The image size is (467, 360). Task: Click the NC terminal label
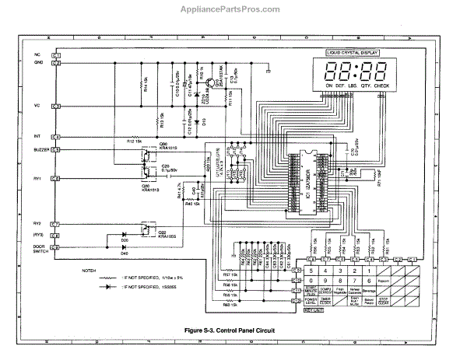[37, 55]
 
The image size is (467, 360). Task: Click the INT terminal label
[37, 135]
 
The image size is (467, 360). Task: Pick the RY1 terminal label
[37, 178]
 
